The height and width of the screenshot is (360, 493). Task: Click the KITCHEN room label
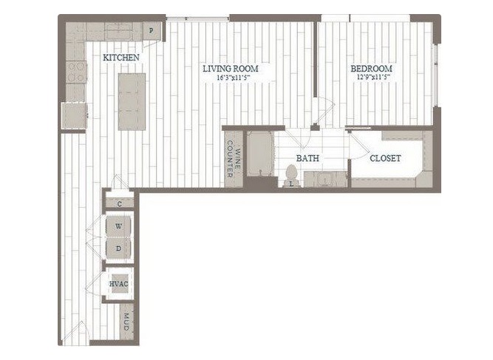(121, 58)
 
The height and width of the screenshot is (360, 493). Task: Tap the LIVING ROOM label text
(231, 68)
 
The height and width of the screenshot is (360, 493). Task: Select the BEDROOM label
(371, 68)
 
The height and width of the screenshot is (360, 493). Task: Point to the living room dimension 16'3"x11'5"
(235, 78)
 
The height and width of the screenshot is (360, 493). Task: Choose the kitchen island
(132, 101)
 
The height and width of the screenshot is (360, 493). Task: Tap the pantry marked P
(152, 31)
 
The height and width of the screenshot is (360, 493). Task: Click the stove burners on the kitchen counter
(76, 72)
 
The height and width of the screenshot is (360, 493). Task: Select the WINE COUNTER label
(234, 159)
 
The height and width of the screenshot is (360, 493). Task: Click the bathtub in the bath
(260, 154)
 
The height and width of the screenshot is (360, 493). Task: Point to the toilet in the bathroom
(291, 175)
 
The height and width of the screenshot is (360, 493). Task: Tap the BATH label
(307, 158)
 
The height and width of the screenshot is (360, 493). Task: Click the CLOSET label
(385, 158)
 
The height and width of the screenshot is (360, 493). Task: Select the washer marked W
(118, 226)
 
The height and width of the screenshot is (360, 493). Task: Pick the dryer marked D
(118, 248)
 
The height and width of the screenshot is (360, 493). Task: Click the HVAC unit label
(118, 284)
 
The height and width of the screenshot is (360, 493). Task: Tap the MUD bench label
(126, 322)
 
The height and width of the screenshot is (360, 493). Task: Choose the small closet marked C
(120, 204)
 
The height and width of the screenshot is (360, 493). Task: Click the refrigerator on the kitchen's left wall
(74, 116)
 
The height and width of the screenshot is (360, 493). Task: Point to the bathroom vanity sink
(324, 180)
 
